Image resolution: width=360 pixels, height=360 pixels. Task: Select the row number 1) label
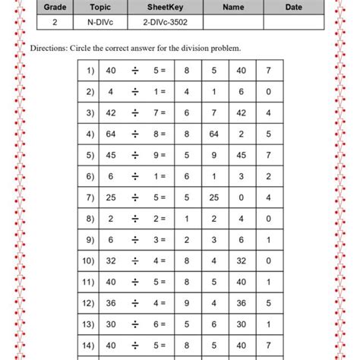point(90,71)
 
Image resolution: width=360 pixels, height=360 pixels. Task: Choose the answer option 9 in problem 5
point(214,156)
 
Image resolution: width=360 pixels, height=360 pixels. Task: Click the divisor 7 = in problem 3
point(160,113)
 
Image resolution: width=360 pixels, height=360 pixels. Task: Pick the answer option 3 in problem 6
point(242,177)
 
